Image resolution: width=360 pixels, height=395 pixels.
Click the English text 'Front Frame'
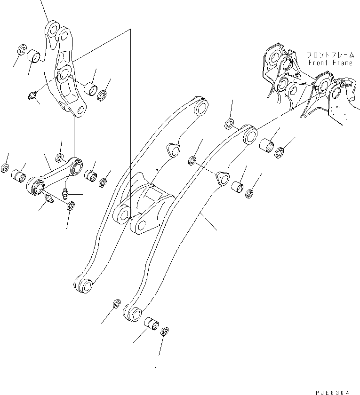pyautogui.click(x=330, y=63)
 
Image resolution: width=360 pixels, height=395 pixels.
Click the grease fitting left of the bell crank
pyautogui.click(x=32, y=96)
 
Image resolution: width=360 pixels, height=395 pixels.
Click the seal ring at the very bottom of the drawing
pyautogui.click(x=165, y=332)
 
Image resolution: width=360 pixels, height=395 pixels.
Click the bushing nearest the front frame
pyautogui.click(x=267, y=144)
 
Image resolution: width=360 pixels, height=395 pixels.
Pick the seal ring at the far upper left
pyautogui.click(x=21, y=49)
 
